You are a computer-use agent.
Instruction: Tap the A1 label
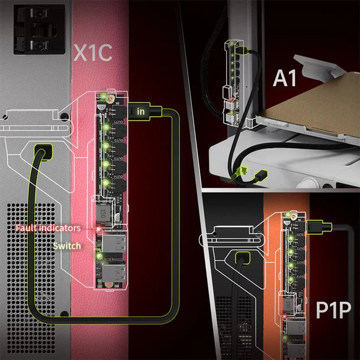tap(284, 78)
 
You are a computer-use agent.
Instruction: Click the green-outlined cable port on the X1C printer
tap(42, 151)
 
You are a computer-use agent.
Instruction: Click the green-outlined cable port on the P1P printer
tap(241, 258)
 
